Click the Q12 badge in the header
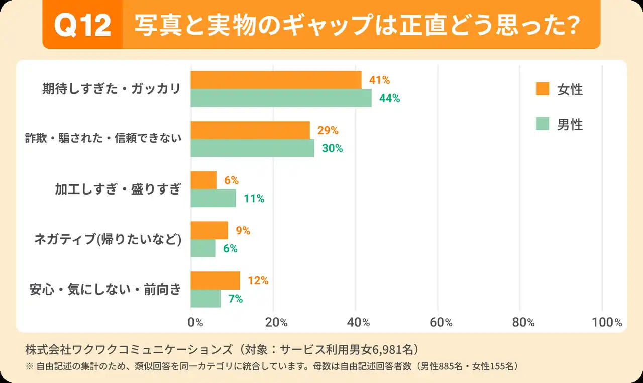(x=82, y=25)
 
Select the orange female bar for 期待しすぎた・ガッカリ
(x=276, y=80)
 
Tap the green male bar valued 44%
(x=281, y=98)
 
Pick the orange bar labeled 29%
(x=250, y=130)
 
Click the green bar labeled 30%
(x=252, y=148)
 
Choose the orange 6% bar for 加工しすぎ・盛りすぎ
(x=203, y=180)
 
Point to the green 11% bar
(x=213, y=198)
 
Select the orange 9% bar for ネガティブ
(x=209, y=230)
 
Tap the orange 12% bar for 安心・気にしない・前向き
(x=215, y=280)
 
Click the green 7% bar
(x=205, y=299)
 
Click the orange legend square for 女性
(x=543, y=89)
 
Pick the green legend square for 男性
(x=543, y=124)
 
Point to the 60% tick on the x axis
(x=442, y=323)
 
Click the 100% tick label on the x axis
(x=607, y=323)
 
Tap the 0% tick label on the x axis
(x=195, y=323)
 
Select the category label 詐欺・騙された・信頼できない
(x=103, y=139)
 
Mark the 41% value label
(x=380, y=80)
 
